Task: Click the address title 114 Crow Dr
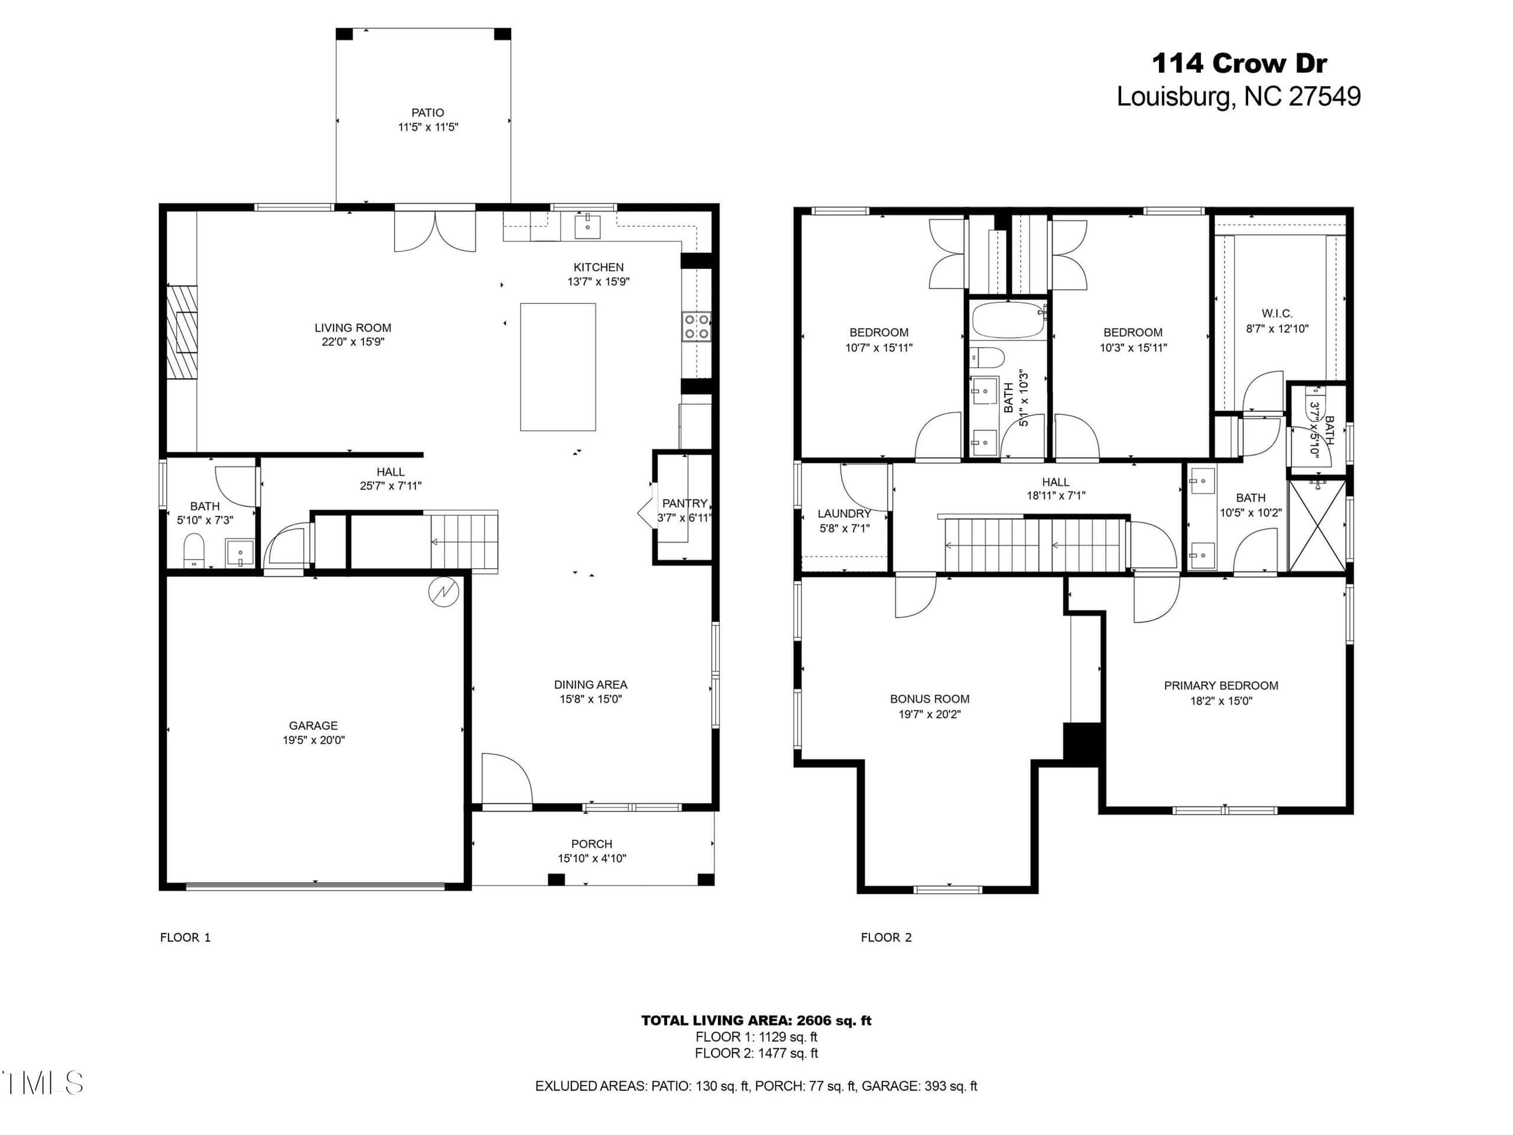pyautogui.click(x=1239, y=64)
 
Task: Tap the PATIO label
pyautogui.click(x=427, y=112)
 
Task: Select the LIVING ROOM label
pyautogui.click(x=353, y=327)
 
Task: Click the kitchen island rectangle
pyautogui.click(x=557, y=367)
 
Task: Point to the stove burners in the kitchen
pyautogui.click(x=696, y=326)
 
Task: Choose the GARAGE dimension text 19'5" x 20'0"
pyautogui.click(x=313, y=740)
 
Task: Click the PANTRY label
pyautogui.click(x=684, y=503)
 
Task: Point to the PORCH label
pyautogui.click(x=592, y=844)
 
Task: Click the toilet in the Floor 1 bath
pyautogui.click(x=194, y=551)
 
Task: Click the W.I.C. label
pyautogui.click(x=1277, y=313)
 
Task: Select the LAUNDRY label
pyautogui.click(x=844, y=513)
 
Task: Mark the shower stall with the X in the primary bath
pyautogui.click(x=1317, y=525)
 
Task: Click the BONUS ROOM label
pyautogui.click(x=930, y=699)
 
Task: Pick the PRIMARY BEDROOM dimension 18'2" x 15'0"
pyautogui.click(x=1221, y=701)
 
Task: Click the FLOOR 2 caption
pyautogui.click(x=886, y=938)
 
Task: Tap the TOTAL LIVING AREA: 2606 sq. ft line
pyautogui.click(x=756, y=1020)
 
